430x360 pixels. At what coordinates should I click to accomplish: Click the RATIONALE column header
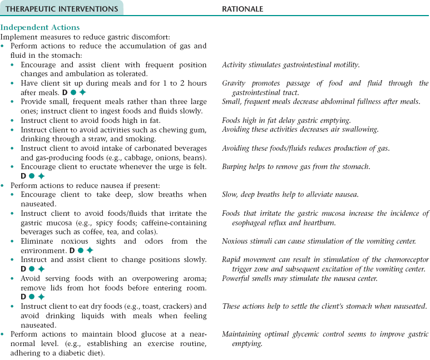pos(243,9)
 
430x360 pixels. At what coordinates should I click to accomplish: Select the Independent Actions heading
pos(40,27)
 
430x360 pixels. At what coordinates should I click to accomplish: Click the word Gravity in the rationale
pos(234,83)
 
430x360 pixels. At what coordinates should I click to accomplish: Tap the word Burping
pos(235,166)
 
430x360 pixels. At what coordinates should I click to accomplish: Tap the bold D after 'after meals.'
pos(65,92)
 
